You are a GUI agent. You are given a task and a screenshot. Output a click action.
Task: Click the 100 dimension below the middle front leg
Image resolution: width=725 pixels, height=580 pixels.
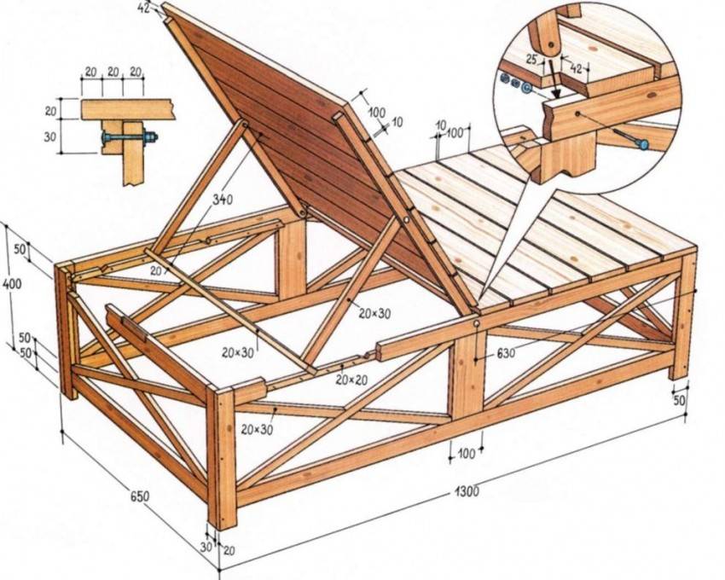(x=467, y=454)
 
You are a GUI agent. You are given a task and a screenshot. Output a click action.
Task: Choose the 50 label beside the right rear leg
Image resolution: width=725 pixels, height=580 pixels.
(x=680, y=400)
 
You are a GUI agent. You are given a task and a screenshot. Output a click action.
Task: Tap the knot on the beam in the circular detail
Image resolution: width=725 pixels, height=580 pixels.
(x=578, y=112)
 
